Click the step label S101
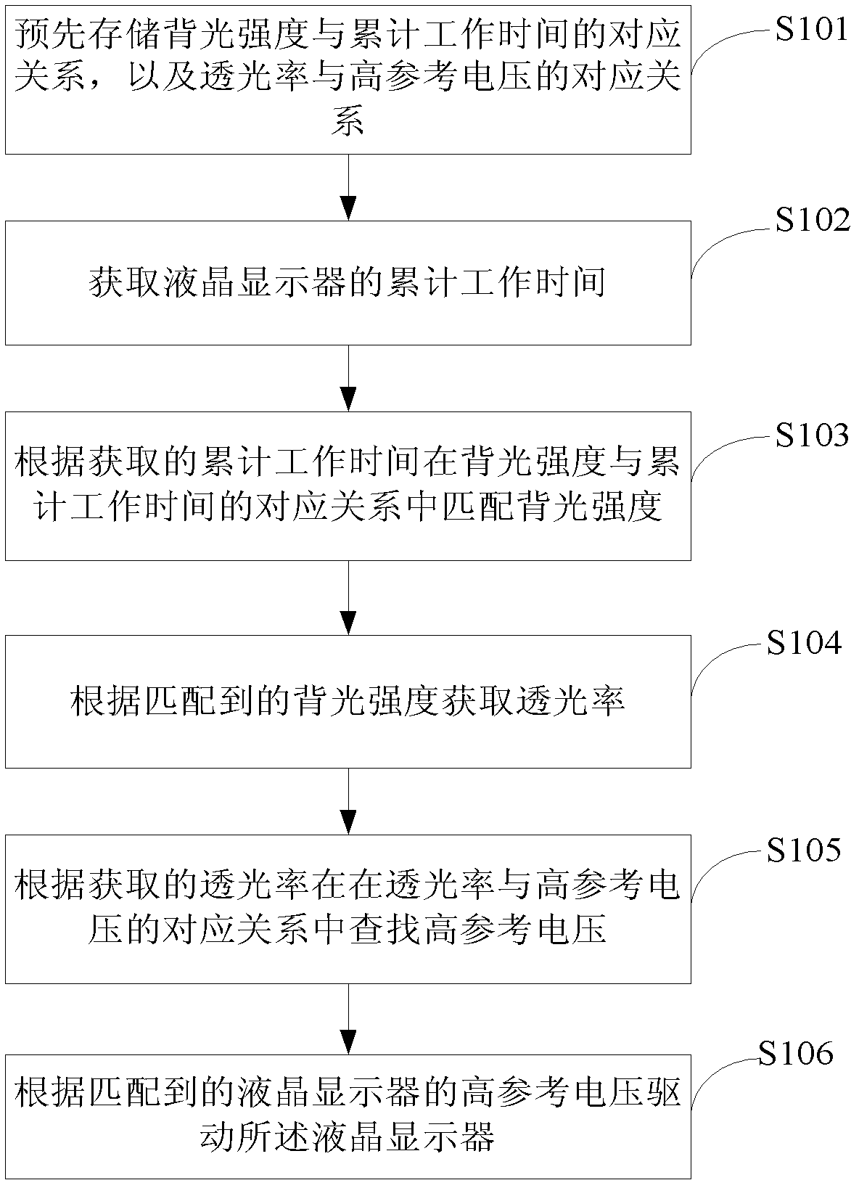[x=810, y=28]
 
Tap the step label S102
[x=813, y=220]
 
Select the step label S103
[x=812, y=435]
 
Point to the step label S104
[x=804, y=643]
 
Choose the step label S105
[x=804, y=850]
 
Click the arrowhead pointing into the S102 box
[x=348, y=208]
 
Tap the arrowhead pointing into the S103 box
[x=348, y=399]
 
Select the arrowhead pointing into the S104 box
[x=348, y=623]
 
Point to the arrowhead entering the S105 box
[x=348, y=822]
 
